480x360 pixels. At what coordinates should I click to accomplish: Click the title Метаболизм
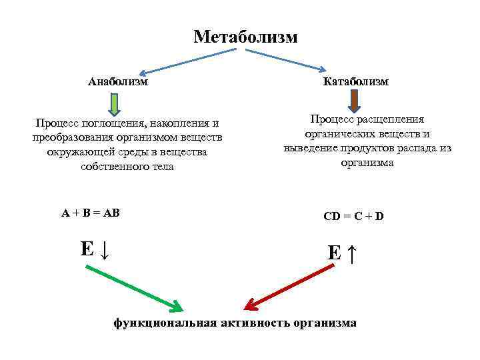(x=245, y=37)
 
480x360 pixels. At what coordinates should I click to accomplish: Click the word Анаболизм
(x=118, y=81)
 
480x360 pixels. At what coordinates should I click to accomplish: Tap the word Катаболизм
(x=355, y=81)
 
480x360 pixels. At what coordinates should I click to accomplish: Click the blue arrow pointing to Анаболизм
(x=180, y=63)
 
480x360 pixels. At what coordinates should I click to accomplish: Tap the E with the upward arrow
(x=344, y=253)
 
